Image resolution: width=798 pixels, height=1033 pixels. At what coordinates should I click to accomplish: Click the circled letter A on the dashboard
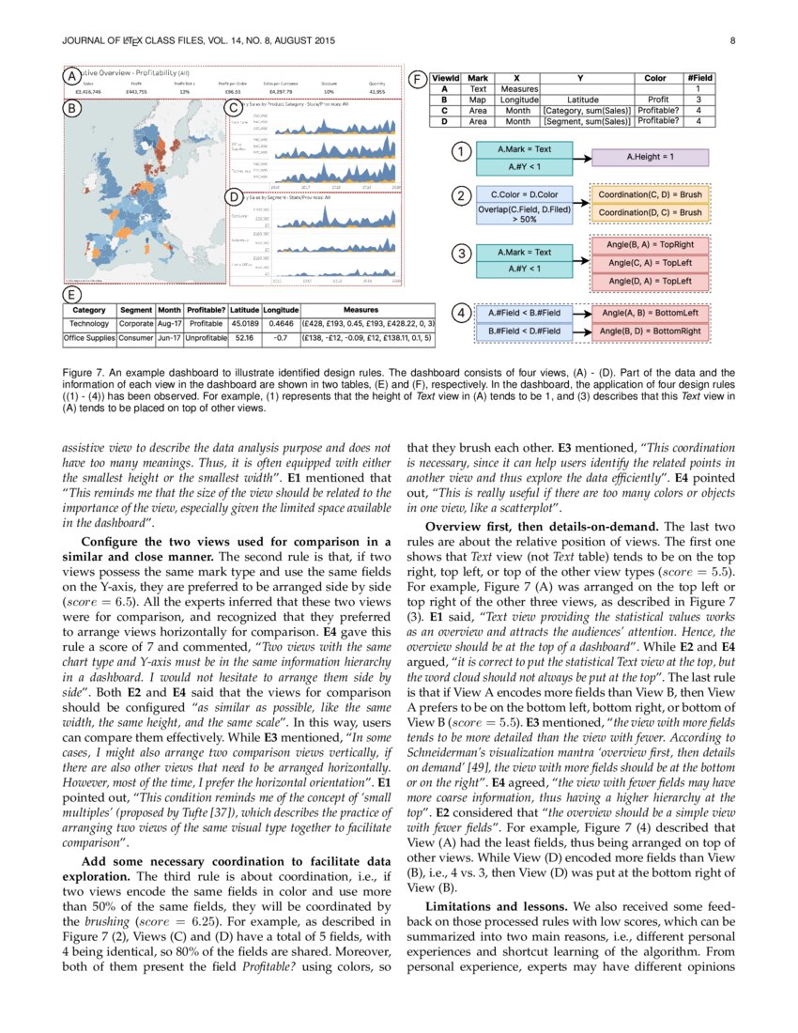click(70, 75)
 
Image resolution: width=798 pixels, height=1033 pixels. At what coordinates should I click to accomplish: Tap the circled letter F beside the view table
click(417, 79)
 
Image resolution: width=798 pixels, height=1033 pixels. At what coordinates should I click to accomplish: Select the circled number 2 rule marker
click(460, 196)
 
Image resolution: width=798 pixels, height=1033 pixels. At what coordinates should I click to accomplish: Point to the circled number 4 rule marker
click(460, 314)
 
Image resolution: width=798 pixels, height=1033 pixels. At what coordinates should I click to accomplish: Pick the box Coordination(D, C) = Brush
click(650, 213)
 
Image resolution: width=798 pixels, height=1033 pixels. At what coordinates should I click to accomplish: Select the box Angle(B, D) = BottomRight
click(650, 331)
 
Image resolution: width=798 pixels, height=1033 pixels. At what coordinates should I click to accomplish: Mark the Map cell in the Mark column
click(478, 99)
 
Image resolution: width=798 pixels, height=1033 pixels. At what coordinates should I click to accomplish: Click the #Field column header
click(699, 78)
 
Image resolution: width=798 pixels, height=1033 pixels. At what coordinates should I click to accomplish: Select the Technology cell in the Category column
click(89, 322)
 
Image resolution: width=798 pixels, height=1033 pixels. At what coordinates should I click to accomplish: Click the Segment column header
click(136, 309)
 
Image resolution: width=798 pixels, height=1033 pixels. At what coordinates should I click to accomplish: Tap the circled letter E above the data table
click(70, 294)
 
